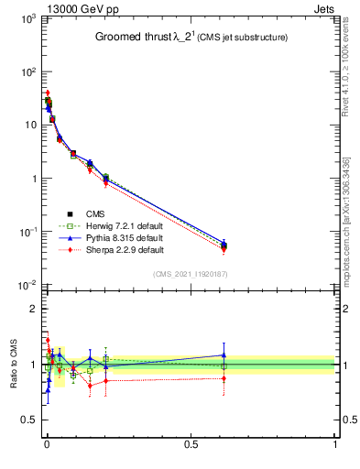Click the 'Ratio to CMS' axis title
[14, 363]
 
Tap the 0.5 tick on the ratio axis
[27, 420]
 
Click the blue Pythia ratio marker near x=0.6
[224, 355]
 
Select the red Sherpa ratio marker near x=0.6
[224, 377]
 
